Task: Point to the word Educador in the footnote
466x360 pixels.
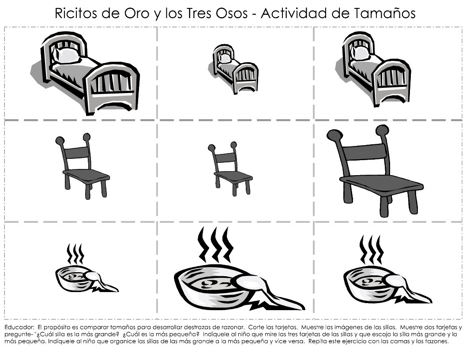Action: tap(18, 327)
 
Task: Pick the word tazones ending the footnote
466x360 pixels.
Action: tap(437, 341)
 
